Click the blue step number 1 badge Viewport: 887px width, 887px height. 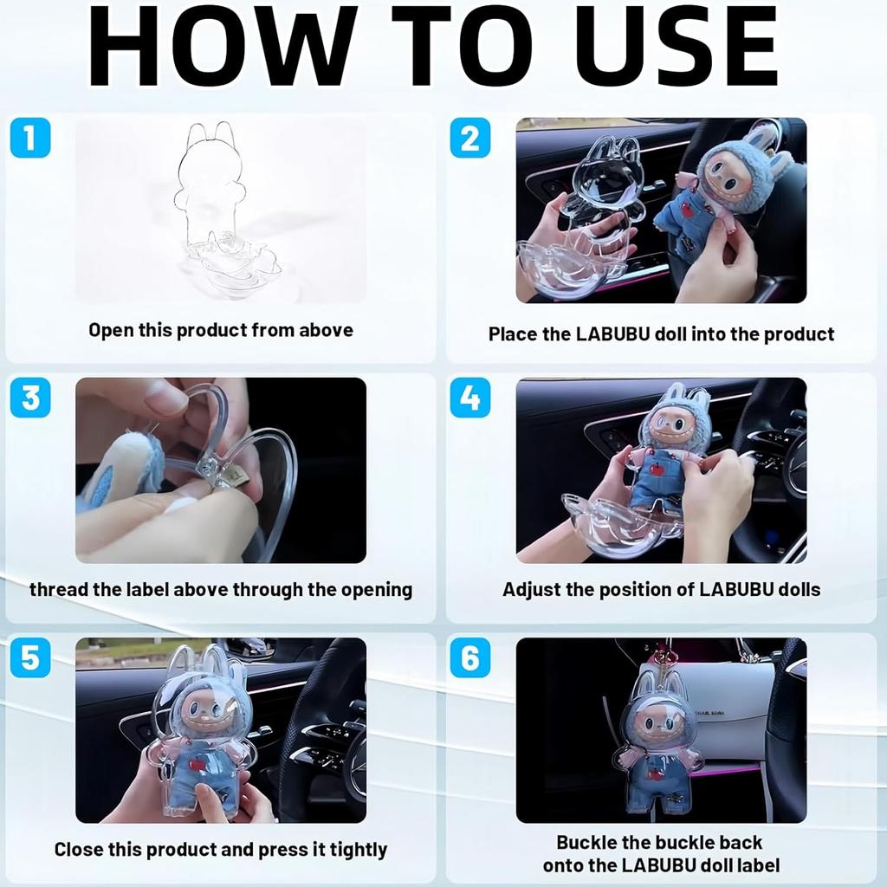[x=30, y=138]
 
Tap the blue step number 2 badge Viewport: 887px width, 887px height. [x=470, y=138]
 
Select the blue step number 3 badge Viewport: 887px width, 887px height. [x=30, y=398]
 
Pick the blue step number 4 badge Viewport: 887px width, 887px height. [x=470, y=398]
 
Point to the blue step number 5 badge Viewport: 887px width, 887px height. [x=30, y=658]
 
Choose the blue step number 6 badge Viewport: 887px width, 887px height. [x=470, y=658]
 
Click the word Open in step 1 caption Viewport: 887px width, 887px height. [x=111, y=330]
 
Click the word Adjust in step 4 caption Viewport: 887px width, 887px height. [x=531, y=590]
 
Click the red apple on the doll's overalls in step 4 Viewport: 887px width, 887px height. [x=657, y=469]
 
